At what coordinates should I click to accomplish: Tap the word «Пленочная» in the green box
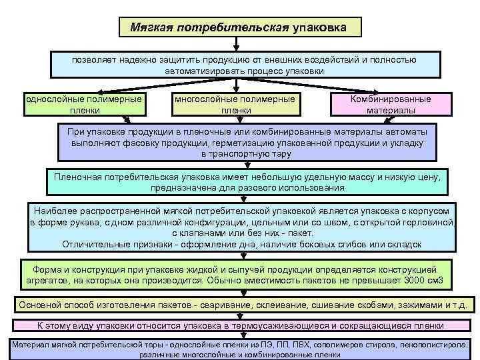coord(77,177)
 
